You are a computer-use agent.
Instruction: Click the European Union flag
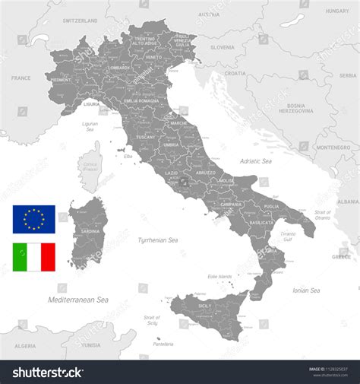[x=34, y=219]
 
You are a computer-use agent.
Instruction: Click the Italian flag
[x=34, y=257]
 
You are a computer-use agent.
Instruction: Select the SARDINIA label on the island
[x=90, y=231]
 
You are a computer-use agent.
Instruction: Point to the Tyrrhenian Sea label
[x=157, y=240]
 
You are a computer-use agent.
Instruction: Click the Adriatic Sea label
[x=255, y=161]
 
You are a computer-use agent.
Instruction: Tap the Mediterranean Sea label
[x=77, y=300]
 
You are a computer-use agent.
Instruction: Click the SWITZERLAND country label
[x=81, y=21]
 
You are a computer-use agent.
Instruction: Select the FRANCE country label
[x=21, y=78]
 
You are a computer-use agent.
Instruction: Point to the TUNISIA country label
[x=90, y=345]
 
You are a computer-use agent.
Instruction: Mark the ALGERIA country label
[x=25, y=345]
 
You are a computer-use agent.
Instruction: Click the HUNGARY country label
[x=336, y=11]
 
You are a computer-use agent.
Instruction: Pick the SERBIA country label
[x=347, y=75]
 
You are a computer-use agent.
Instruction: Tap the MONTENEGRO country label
[x=333, y=147]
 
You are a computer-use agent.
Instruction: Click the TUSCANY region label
[x=146, y=137]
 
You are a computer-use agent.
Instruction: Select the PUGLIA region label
[x=271, y=205]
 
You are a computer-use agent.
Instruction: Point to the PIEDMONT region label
[x=61, y=79]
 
